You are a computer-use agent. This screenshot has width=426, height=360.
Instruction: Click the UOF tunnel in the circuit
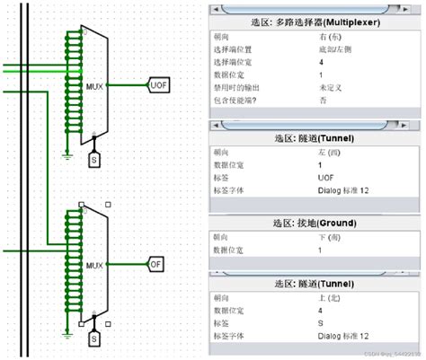(x=159, y=85)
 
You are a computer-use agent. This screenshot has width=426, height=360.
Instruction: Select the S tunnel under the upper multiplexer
(x=93, y=160)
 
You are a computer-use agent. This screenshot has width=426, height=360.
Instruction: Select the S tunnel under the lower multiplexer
(x=93, y=339)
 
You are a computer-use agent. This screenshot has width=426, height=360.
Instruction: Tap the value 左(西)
(x=330, y=152)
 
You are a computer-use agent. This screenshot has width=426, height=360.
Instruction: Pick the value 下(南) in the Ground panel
(x=330, y=236)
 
